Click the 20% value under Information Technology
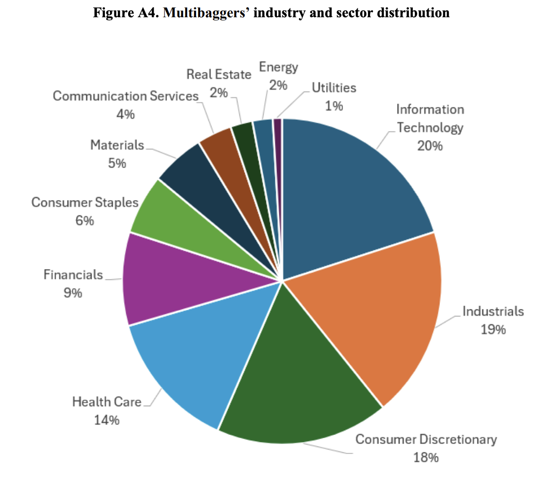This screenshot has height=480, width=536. [x=430, y=146]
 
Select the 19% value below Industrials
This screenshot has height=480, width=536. [x=493, y=329]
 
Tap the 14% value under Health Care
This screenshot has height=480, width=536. [x=107, y=420]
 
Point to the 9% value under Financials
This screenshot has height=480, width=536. [x=72, y=293]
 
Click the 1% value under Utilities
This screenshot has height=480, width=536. [x=334, y=105]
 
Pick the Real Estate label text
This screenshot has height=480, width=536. [x=219, y=74]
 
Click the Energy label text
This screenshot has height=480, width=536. [x=278, y=67]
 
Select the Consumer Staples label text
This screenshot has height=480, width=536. [x=85, y=203]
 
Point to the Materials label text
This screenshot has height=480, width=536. [x=117, y=145]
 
